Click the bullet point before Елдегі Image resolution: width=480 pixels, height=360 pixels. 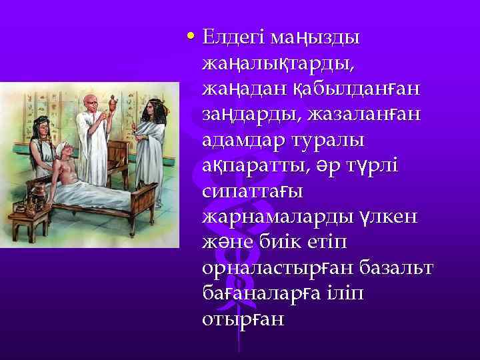click(x=192, y=35)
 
